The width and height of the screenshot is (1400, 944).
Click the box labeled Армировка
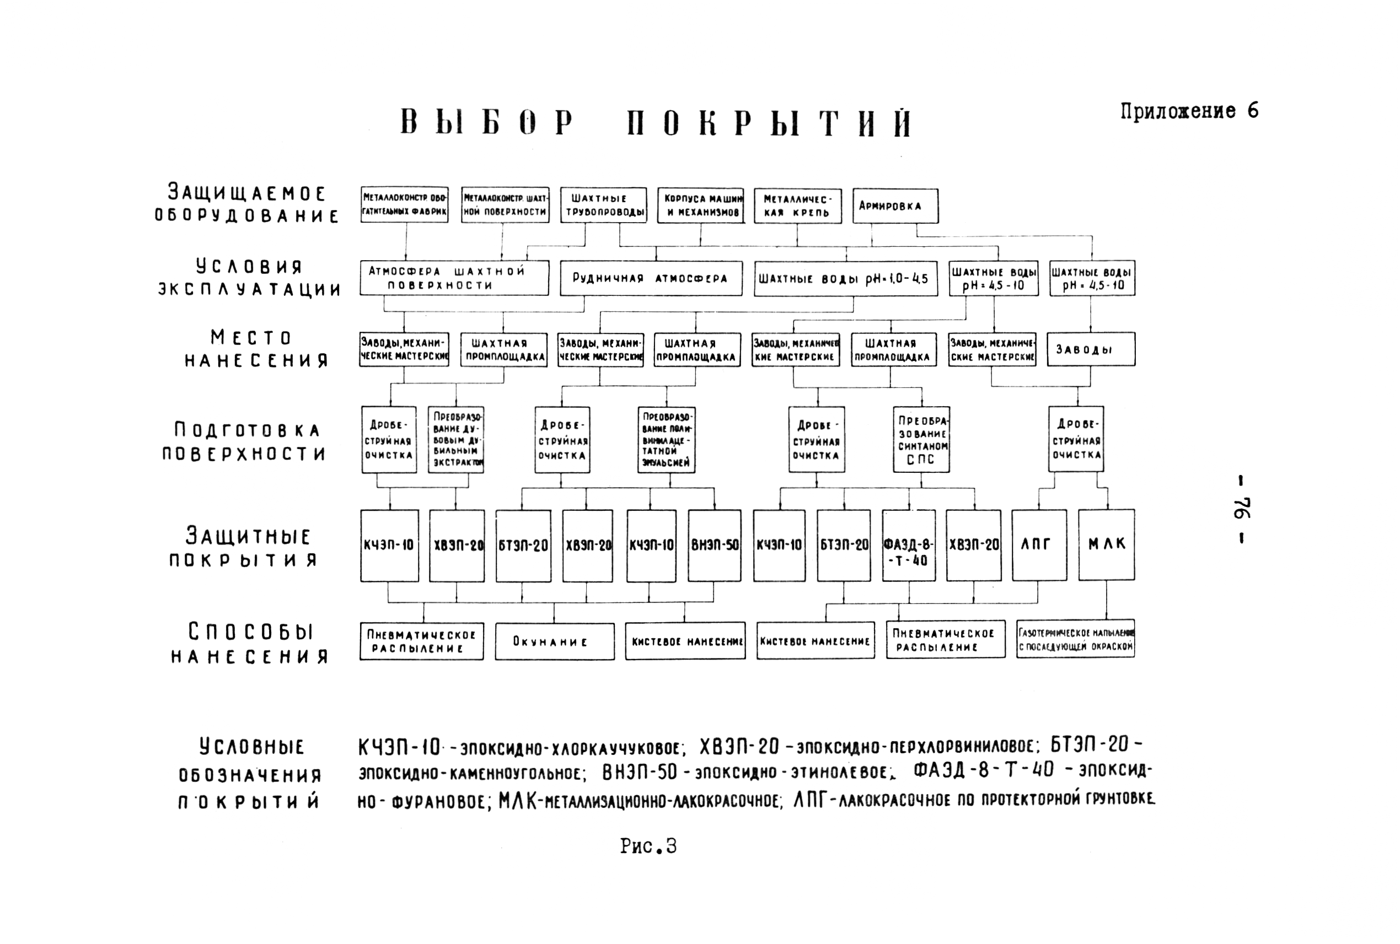point(895,206)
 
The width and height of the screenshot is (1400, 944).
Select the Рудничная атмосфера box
point(651,278)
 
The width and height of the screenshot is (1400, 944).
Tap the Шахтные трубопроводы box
point(603,206)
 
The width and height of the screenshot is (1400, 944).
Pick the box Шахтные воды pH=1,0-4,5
point(845,279)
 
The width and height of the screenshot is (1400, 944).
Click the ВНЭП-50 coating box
point(715,546)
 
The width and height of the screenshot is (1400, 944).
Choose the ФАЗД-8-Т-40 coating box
point(909,546)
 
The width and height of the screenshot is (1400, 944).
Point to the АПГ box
point(1038,545)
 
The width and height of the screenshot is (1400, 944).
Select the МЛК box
point(1106,545)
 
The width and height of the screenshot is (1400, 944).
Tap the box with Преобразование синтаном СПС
point(921,439)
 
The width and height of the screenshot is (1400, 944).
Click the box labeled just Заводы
point(1092,349)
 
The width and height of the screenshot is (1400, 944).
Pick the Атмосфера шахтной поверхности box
point(454,278)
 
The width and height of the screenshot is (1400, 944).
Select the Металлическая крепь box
point(797,206)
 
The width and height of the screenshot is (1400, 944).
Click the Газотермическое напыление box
point(1075,639)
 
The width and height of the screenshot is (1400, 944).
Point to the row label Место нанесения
point(255,349)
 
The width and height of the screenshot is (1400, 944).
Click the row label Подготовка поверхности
point(246,442)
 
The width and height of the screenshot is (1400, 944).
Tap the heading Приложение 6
point(1189,111)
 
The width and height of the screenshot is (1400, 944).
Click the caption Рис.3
point(648,846)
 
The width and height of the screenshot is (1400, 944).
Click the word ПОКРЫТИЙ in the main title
point(769,123)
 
